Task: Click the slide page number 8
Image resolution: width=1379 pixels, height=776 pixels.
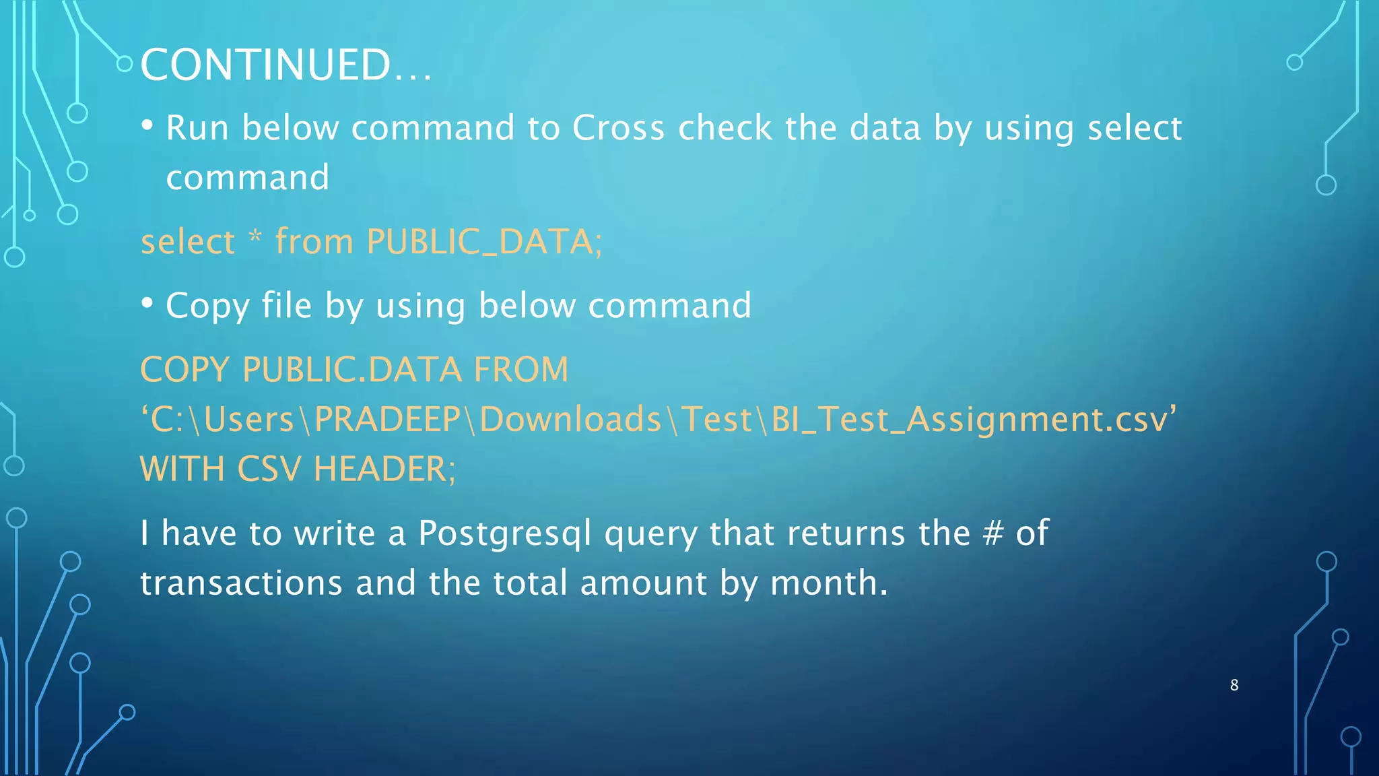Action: tap(1234, 685)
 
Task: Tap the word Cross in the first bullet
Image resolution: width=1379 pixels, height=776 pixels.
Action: tap(618, 128)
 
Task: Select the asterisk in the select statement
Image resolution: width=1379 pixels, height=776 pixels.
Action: tap(255, 238)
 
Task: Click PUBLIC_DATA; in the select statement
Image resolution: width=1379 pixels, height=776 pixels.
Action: tap(484, 242)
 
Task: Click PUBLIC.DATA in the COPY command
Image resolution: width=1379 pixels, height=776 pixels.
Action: tap(351, 370)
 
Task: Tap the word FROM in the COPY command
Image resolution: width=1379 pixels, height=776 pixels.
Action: tap(520, 370)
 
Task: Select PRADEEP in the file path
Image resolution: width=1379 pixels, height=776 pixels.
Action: tap(387, 419)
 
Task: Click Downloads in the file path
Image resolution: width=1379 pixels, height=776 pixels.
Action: tap(570, 419)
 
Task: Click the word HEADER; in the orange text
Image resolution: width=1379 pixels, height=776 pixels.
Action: tap(384, 469)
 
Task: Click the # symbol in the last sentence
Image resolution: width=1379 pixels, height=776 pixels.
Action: tap(993, 533)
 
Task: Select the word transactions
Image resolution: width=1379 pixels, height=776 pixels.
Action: tap(241, 583)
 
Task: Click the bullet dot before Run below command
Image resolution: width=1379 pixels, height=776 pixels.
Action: tap(147, 126)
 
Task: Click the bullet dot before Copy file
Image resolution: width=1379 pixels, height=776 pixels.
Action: tap(147, 304)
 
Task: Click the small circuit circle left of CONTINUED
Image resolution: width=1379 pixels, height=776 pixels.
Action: tap(125, 64)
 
